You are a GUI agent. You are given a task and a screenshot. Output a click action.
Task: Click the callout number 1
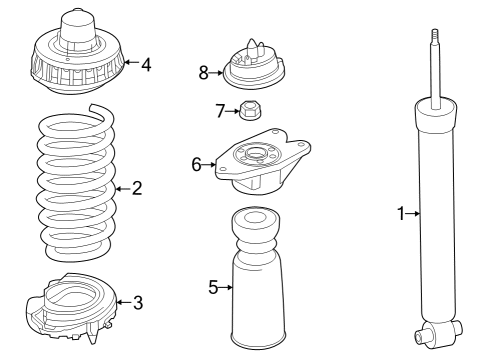point(400,212)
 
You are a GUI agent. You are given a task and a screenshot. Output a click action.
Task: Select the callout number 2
point(137,187)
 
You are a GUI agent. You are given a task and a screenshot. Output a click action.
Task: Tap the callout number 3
point(137,300)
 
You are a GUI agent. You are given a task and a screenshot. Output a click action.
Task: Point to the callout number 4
point(146,65)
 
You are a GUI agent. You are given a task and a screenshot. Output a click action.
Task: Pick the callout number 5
point(213,288)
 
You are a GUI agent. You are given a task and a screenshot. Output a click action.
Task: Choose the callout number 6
point(197,163)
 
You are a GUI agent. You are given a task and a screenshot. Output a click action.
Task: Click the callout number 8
point(203,71)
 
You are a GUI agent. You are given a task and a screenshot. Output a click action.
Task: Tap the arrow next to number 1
point(413,212)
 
